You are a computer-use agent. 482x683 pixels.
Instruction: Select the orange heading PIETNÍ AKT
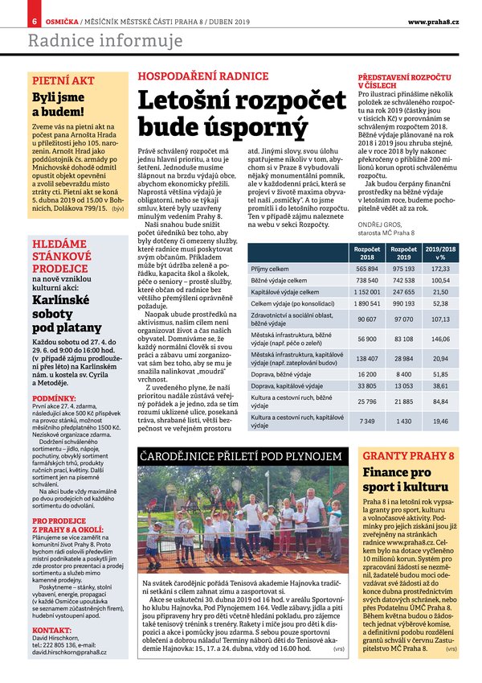62,80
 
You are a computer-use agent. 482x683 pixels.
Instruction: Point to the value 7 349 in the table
367,421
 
